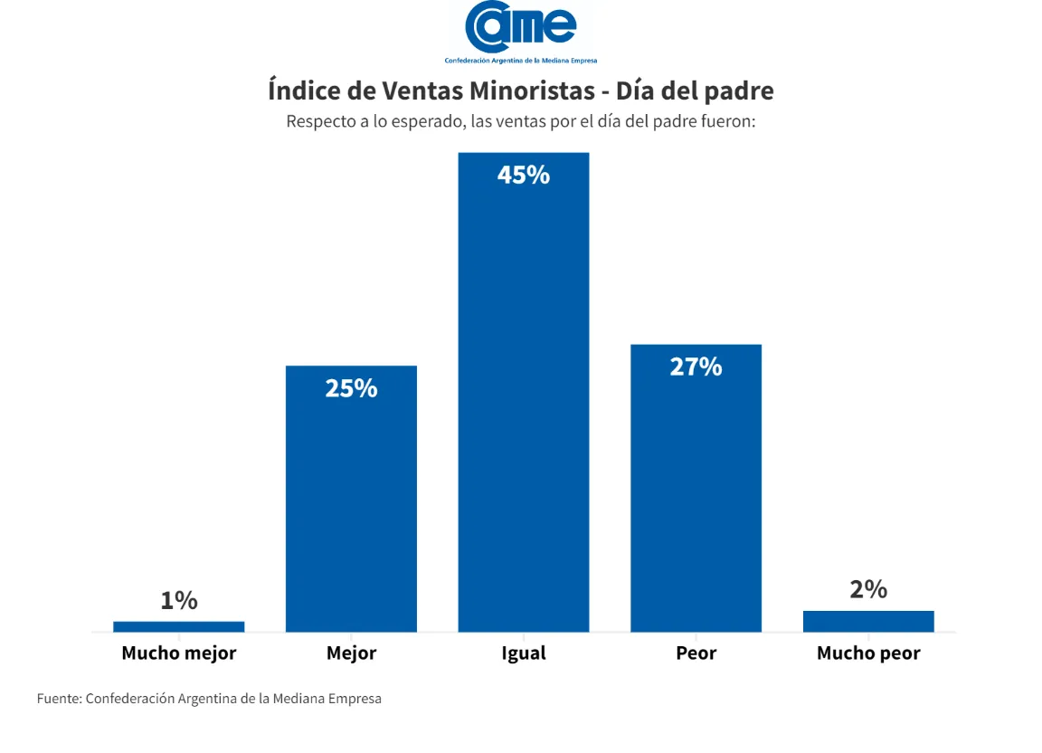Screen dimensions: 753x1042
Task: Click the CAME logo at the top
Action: [521, 29]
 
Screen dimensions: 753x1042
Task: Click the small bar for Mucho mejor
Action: [179, 626]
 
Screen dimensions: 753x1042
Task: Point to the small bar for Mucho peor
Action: [868, 621]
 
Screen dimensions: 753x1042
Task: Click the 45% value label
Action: [524, 175]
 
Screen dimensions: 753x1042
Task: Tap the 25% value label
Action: [351, 388]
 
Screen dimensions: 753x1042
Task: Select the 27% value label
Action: [696, 367]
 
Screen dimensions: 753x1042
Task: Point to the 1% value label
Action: [179, 600]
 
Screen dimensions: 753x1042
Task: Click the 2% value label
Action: [868, 589]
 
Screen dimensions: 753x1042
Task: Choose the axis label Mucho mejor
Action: [179, 653]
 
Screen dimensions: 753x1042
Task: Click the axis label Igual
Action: [524, 653]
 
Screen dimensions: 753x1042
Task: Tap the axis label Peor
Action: [696, 653]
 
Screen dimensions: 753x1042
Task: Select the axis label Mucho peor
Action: [868, 653]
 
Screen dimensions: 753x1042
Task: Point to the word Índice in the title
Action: [299, 91]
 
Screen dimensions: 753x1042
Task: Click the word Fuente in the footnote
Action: [58, 699]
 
